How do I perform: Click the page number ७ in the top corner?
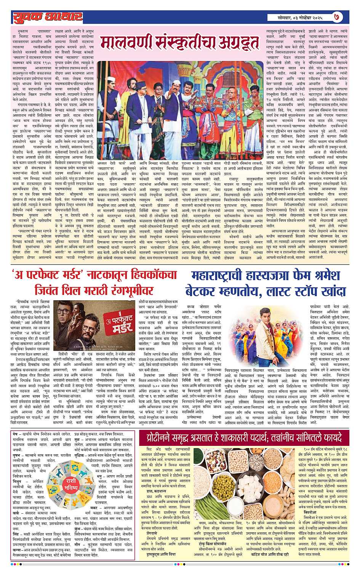click(x=347, y=17)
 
